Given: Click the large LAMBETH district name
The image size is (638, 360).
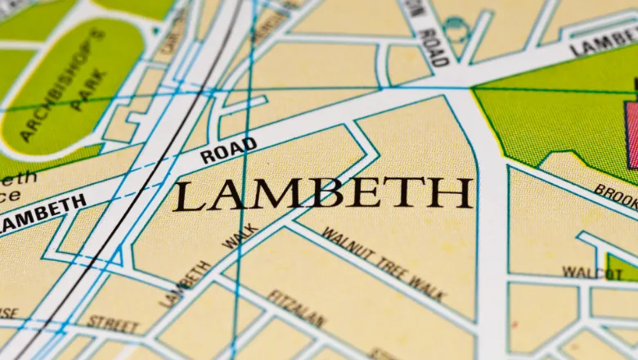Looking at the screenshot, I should pos(322,195).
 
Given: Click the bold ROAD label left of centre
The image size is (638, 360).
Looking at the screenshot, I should pos(228,150).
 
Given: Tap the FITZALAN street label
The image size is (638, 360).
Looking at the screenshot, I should pos(296,309).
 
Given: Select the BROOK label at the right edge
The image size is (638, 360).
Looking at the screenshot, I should pos(615,196).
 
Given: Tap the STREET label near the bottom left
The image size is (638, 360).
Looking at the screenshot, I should pos(113,323).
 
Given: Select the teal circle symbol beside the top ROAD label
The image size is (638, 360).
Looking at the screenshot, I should pos(456,30).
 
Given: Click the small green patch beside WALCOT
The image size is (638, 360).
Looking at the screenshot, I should pos(622,267).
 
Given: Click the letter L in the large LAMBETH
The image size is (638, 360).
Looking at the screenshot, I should pos(186,196).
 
